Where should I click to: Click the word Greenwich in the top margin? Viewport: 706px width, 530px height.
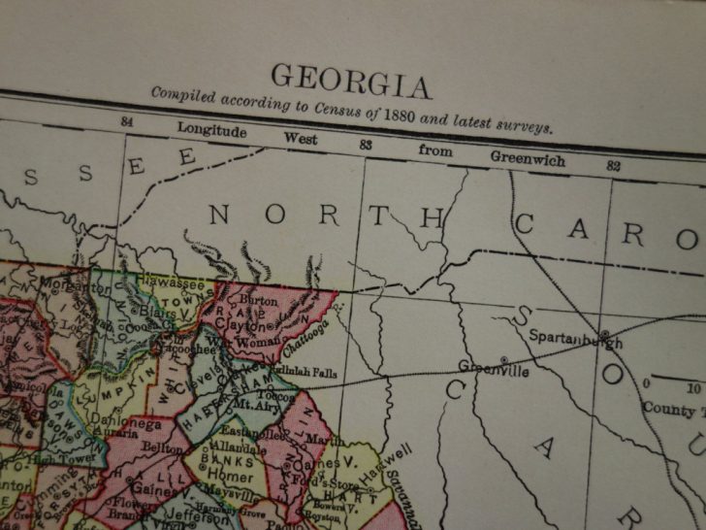(x=528, y=157)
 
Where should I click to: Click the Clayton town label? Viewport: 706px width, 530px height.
(x=242, y=327)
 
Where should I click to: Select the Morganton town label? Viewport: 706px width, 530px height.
(x=76, y=287)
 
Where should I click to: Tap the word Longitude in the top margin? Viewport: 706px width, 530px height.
(x=212, y=130)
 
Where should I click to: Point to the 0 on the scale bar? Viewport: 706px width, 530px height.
(x=646, y=385)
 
